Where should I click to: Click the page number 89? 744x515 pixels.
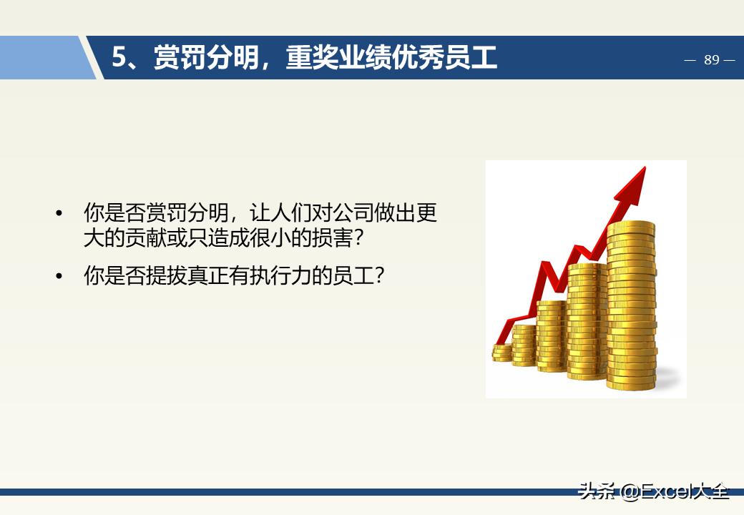coord(711,60)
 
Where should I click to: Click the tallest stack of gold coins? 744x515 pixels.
coord(631,308)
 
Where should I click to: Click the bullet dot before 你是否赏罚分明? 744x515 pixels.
coord(59,214)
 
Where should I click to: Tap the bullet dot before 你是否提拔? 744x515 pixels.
coord(59,276)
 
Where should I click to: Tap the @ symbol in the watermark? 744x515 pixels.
coord(630,492)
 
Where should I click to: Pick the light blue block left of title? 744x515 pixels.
coord(43,58)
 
